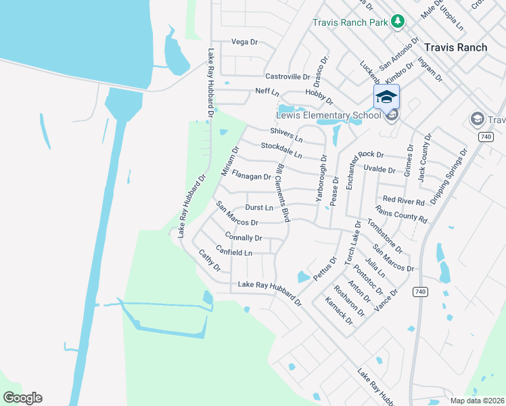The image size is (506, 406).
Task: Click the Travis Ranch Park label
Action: (350, 22)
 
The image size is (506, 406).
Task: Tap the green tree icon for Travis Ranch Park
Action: (398, 22)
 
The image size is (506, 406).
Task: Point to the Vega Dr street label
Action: (245, 42)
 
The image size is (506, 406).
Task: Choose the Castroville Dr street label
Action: (287, 77)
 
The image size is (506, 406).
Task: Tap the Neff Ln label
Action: (267, 91)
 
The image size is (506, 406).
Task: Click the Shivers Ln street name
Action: (285, 135)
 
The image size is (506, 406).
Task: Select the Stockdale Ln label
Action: (281, 150)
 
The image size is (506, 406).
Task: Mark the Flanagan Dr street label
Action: (251, 177)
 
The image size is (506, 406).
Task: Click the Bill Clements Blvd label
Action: (283, 192)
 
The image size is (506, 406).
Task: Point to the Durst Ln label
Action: (259, 208)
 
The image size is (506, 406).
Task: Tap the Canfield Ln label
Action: (234, 252)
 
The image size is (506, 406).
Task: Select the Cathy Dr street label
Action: (210, 261)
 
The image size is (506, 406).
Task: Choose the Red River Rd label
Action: (403, 201)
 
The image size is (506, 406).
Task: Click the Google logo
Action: (22, 398)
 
